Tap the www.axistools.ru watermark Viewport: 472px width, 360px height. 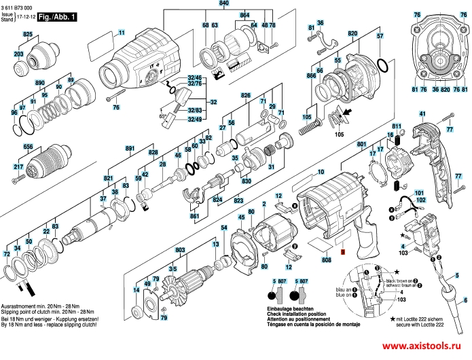pyautogui.click(x=424, y=344)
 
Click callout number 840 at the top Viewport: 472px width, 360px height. pyautogui.click(x=223, y=4)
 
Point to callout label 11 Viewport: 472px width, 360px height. pyautogui.click(x=122, y=33)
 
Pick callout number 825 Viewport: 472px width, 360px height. pyautogui.click(x=27, y=33)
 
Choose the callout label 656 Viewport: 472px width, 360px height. pyautogui.click(x=28, y=146)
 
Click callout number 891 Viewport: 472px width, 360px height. pyautogui.click(x=129, y=147)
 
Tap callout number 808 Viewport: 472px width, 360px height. pyautogui.click(x=327, y=260)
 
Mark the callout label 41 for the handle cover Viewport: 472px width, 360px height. pyautogui.click(x=422, y=113)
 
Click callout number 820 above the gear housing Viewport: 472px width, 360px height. pyautogui.click(x=352, y=33)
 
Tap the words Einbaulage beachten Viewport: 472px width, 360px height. pyautogui.click(x=290, y=307)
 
